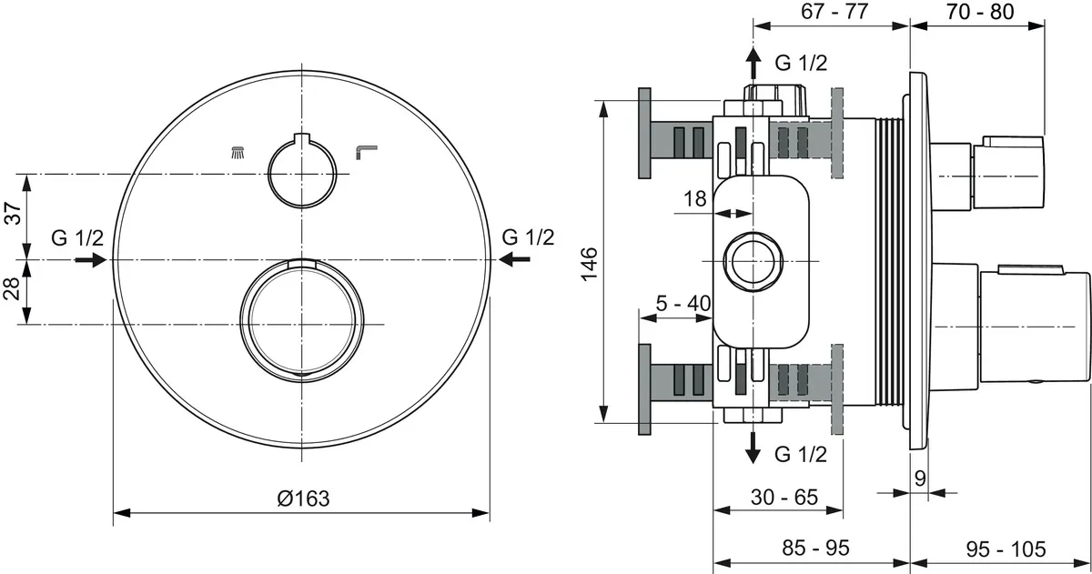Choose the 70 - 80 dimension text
(979, 12)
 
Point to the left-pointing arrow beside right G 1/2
(514, 260)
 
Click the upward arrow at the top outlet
(753, 63)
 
